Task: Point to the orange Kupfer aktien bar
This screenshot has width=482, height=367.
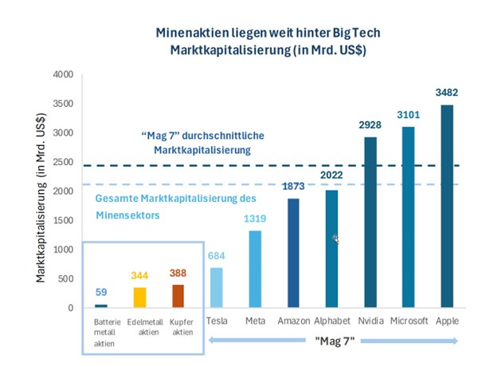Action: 178,296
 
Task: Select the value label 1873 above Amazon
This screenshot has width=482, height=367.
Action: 293,185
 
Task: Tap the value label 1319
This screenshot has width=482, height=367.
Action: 256,218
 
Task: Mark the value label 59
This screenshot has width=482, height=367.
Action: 100,292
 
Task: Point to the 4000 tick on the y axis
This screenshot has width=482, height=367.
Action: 63,75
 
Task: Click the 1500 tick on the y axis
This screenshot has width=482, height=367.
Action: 63,220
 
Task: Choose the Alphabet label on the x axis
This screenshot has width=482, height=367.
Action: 331,320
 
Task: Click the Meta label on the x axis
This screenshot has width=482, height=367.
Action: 256,320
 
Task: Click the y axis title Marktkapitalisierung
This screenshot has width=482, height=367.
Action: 41,192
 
